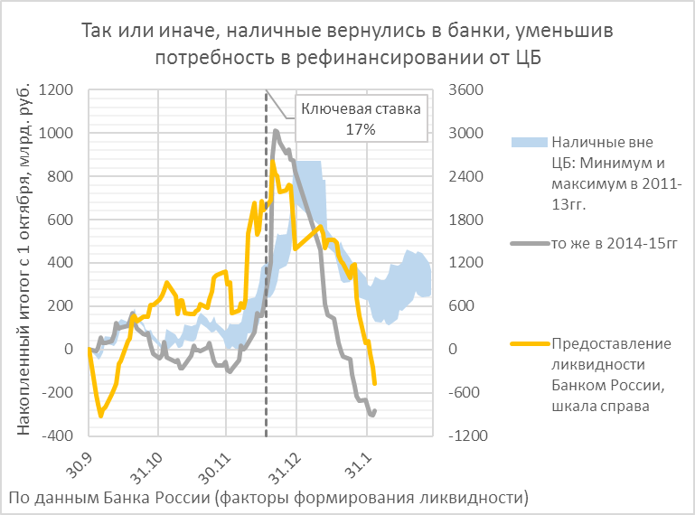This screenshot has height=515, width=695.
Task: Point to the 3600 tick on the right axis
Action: pos(467,90)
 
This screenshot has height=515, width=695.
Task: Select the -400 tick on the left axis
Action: pos(59,435)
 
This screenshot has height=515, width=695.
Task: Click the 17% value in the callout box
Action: pos(361,129)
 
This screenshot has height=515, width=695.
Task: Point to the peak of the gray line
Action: pos(276,131)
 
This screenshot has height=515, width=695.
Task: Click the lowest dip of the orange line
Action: pos(100,416)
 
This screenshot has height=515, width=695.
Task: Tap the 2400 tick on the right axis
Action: pos(467,177)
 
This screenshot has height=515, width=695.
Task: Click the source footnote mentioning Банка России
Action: pos(268,498)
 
